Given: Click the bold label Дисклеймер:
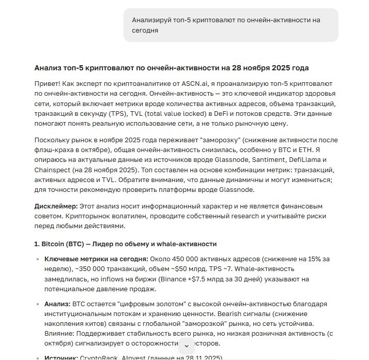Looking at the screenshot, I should pos(56,206).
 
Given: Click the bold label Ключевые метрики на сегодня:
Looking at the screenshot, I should pos(96,259).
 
